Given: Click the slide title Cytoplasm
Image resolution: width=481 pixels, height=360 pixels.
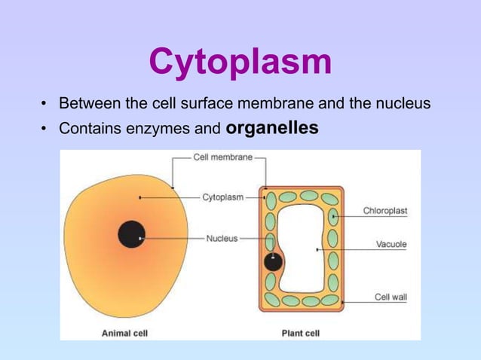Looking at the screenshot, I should (x=240, y=62).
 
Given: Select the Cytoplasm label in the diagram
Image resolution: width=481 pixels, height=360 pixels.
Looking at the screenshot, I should (x=222, y=197).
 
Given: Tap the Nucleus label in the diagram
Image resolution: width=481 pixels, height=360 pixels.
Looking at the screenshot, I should (x=222, y=238).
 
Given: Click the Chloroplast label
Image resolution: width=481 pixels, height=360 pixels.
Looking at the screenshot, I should (x=385, y=212).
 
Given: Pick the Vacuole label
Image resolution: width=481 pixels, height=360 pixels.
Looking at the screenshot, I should (x=391, y=245).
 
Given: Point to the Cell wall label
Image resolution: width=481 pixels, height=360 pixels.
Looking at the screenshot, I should (x=391, y=297).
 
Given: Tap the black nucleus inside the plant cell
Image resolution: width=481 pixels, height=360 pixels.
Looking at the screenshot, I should (x=273, y=262).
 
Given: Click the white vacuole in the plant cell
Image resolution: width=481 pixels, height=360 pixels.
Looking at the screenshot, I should (x=302, y=249).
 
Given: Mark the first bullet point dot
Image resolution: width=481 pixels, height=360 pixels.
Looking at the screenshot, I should (x=45, y=103).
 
